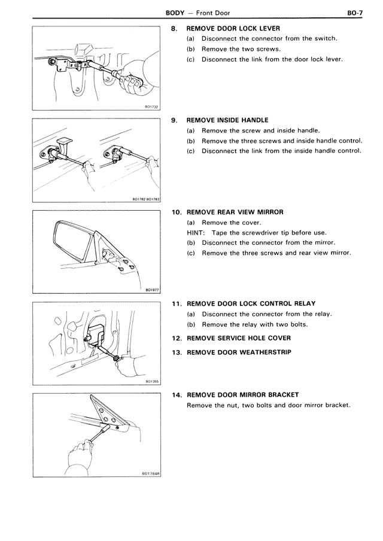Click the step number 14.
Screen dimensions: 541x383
click(176, 395)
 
